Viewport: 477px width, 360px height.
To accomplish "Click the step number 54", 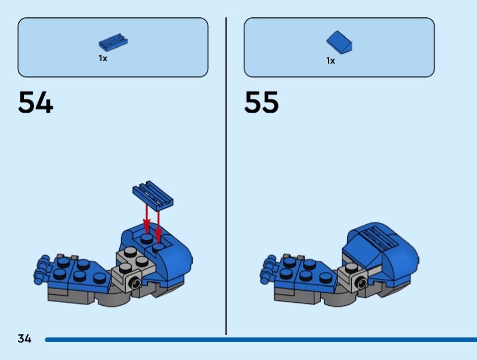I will pos(36,103).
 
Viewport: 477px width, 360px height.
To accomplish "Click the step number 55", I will pos(261,103).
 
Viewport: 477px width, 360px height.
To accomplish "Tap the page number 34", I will pos(24,339).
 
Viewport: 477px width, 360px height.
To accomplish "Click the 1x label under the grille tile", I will pos(103,58).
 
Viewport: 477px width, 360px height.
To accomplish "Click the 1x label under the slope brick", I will pos(330,60).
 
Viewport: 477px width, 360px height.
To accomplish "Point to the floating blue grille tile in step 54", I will pos(153,194).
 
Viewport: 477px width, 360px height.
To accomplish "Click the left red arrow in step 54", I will pos(147,217).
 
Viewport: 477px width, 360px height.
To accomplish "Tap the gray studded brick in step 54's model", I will pos(132,266).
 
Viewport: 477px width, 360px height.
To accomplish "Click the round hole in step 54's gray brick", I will pos(137,285).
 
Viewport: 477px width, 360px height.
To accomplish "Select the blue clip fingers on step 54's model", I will pos(43,269).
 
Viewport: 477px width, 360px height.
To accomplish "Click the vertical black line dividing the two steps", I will pos(226,179).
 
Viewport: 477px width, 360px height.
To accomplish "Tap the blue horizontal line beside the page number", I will pos(256,340).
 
